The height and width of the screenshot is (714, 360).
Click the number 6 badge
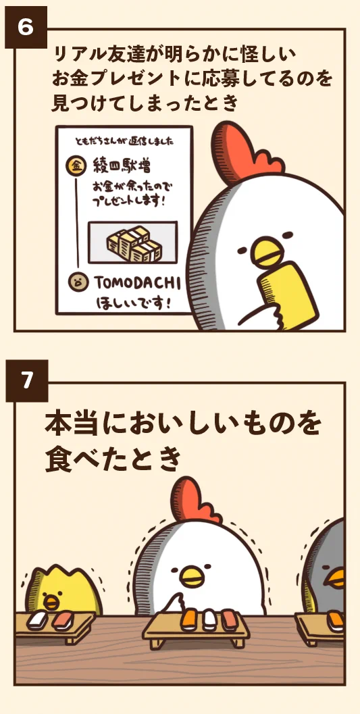(x=26, y=27)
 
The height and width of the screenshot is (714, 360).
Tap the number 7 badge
(x=26, y=381)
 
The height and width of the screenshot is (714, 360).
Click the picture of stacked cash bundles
(x=132, y=243)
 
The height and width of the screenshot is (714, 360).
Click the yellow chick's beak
(x=50, y=599)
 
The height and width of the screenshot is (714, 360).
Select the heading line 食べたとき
(x=113, y=460)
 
